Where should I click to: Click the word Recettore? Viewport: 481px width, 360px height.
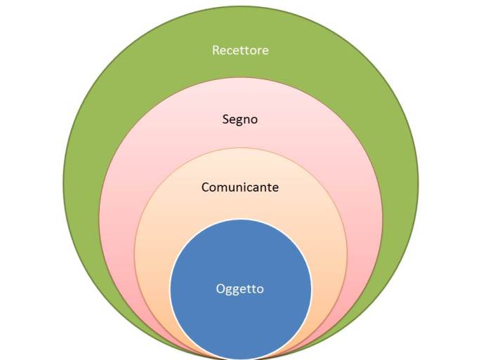click(240, 51)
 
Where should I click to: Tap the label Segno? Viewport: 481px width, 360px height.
click(240, 119)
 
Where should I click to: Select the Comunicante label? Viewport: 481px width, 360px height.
click(240, 187)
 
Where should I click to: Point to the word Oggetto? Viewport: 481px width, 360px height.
click(240, 288)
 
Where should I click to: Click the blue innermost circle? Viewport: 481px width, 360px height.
click(240, 316)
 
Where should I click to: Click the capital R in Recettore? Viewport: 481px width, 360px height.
click(216, 51)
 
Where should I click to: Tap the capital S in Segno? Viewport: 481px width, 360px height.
click(225, 119)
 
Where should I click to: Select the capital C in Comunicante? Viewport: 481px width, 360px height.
click(205, 187)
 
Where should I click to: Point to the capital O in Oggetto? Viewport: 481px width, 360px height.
click(221, 288)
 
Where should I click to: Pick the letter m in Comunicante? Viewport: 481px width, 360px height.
click(223, 188)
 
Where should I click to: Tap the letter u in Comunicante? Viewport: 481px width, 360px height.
click(232, 188)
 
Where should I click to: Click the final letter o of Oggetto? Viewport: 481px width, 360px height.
click(261, 289)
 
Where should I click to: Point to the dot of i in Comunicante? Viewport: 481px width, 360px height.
click(247, 183)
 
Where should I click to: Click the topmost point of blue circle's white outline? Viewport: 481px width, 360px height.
click(240, 220)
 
